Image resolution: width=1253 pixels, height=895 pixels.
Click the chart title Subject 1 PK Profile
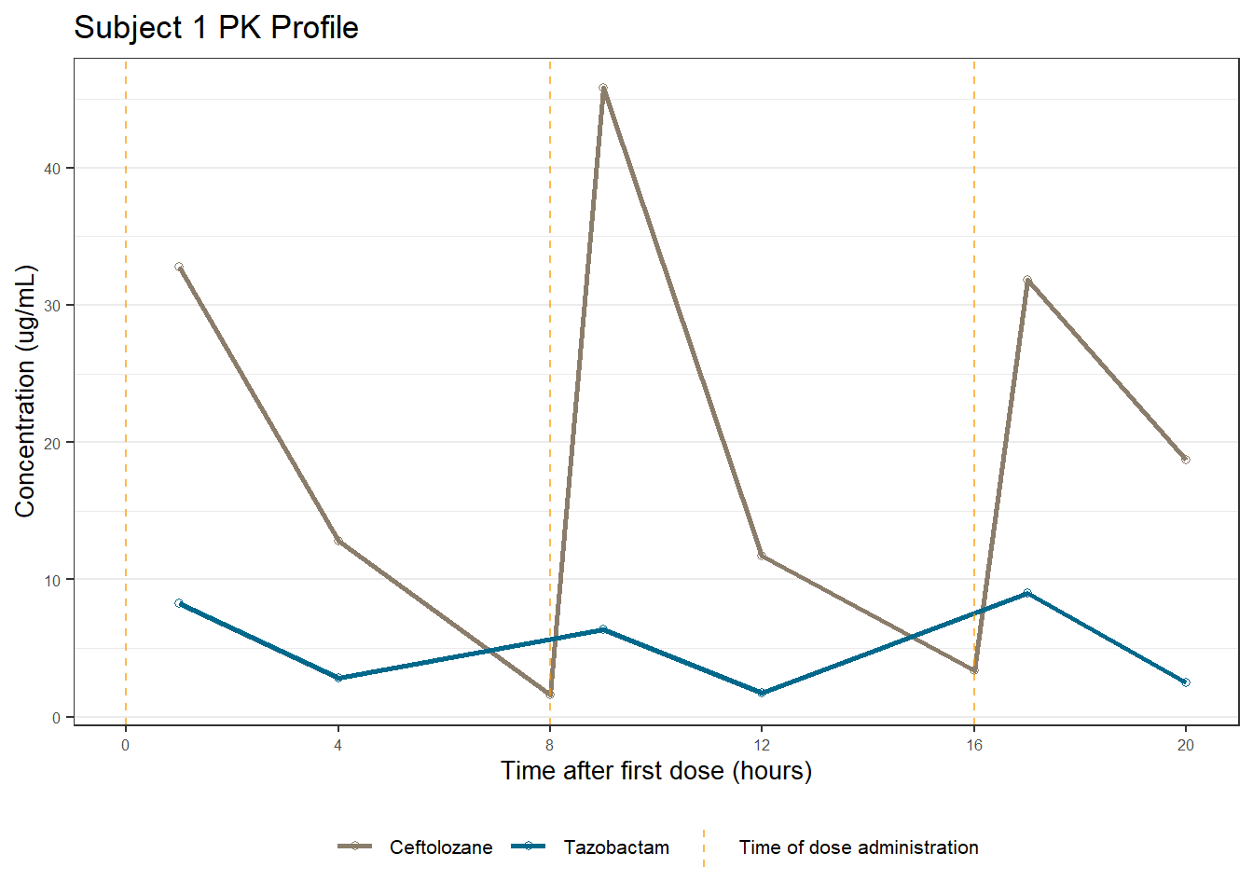[216, 28]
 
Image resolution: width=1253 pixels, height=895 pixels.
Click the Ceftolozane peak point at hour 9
[603, 89]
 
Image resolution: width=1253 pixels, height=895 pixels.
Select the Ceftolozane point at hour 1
[179, 268]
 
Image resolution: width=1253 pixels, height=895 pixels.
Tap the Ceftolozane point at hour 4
[338, 541]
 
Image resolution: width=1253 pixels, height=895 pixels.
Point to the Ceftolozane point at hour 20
[1186, 460]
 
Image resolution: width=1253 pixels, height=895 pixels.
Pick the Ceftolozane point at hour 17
[1027, 281]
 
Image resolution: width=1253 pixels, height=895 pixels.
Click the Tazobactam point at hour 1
[179, 603]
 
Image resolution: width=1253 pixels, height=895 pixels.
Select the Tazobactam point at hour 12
[762, 693]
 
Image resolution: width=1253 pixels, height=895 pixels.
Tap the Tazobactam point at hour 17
[1027, 593]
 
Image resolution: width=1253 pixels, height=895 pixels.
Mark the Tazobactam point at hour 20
[1186, 682]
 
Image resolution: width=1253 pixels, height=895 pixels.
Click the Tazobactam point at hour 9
[603, 629]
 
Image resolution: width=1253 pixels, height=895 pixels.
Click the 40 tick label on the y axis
[52, 169]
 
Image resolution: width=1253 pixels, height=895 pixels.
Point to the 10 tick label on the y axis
[52, 580]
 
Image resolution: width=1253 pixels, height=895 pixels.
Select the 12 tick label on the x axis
[762, 745]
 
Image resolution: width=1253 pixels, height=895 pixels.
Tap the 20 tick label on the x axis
[1186, 745]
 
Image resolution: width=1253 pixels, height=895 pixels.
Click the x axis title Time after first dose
[656, 771]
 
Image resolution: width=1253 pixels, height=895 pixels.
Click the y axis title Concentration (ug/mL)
[25, 392]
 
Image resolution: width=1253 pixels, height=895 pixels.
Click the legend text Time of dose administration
[858, 847]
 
